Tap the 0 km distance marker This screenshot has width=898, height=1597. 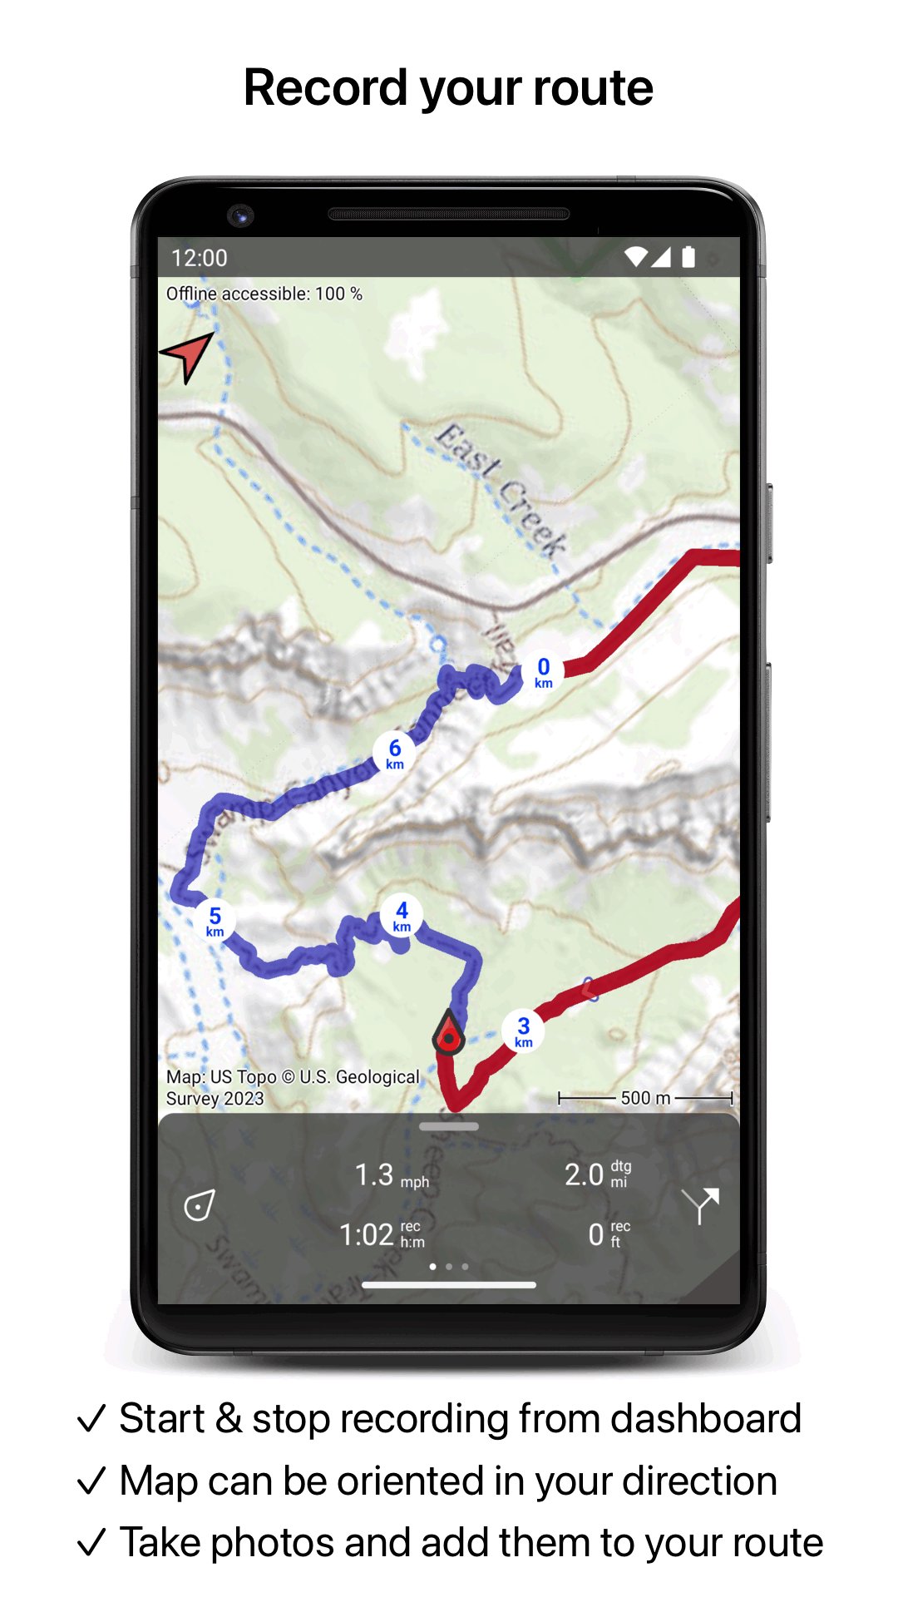pyautogui.click(x=543, y=672)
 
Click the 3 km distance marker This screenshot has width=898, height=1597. pyautogui.click(x=523, y=1031)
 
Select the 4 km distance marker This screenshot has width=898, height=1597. pyautogui.click(x=402, y=916)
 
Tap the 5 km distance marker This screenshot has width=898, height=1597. pyautogui.click(x=215, y=921)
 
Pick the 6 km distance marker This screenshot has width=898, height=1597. pyautogui.click(x=394, y=753)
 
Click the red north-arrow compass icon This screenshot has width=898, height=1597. pyautogui.click(x=189, y=356)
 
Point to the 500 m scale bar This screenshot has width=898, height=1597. pyautogui.click(x=645, y=1098)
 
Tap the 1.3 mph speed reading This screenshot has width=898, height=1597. pyautogui.click(x=392, y=1176)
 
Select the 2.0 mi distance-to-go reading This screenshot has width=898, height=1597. pyautogui.click(x=597, y=1174)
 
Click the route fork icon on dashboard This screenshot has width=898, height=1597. pyautogui.click(x=700, y=1204)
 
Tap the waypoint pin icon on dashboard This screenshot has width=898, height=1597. pyautogui.click(x=200, y=1205)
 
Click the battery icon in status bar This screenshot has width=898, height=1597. pyautogui.click(x=688, y=257)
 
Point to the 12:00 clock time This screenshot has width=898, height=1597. pyautogui.click(x=200, y=258)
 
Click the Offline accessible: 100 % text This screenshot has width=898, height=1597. pyautogui.click(x=264, y=294)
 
